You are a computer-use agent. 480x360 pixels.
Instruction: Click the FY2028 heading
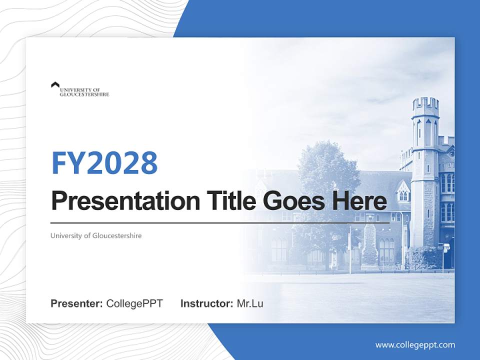(x=104, y=163)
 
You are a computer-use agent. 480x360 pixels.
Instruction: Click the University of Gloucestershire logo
(x=80, y=89)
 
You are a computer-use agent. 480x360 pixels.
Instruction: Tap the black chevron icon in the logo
(x=55, y=85)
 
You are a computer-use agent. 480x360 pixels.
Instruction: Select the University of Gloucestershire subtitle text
(x=96, y=235)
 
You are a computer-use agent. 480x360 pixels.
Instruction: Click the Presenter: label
(x=77, y=303)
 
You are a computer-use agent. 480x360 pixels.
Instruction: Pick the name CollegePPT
(x=134, y=303)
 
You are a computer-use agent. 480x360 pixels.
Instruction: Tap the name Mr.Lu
(x=250, y=303)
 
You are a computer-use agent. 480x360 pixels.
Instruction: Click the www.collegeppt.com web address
(x=415, y=344)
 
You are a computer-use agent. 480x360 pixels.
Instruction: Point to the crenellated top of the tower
(x=425, y=104)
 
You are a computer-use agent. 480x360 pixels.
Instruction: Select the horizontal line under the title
(x=220, y=222)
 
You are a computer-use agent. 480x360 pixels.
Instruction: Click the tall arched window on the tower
(x=427, y=132)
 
